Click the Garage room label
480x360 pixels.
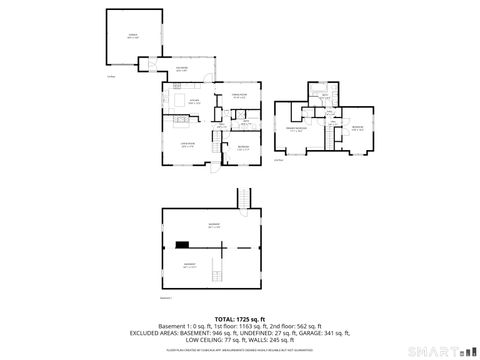[x=131, y=35]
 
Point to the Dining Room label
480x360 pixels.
[x=239, y=97]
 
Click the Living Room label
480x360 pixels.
[x=186, y=145]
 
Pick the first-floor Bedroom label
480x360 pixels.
[x=243, y=147]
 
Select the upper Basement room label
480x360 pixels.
[x=213, y=226]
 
